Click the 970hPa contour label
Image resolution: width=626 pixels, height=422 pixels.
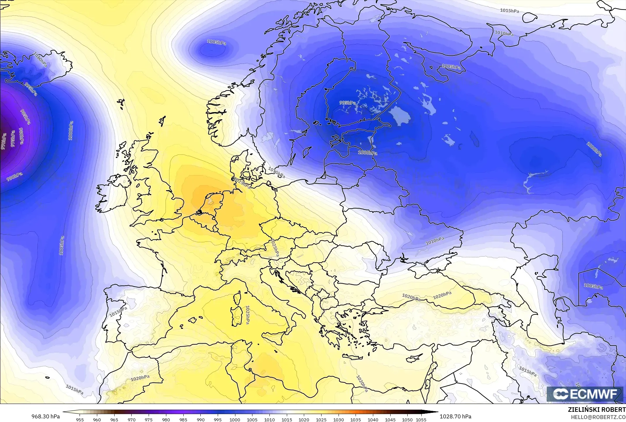coord(4,141)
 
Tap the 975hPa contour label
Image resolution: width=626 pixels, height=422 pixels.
coord(13,139)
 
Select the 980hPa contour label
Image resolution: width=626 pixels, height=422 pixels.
coord(21,136)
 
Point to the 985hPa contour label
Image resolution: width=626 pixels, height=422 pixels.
coord(25,117)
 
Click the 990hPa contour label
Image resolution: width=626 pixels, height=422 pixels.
coord(15,177)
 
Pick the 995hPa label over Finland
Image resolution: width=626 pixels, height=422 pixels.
coord(347,103)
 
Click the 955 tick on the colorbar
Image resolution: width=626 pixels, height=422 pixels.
coord(80,419)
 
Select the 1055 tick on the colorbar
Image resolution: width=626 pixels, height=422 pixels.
coord(421,419)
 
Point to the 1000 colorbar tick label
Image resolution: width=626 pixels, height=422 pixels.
coord(235,419)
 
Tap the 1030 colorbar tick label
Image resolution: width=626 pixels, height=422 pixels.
coord(338,419)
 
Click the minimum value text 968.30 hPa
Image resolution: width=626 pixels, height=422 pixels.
coord(46,416)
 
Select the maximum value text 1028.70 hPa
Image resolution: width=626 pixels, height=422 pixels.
coord(455,416)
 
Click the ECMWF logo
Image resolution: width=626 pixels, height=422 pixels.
coord(585,394)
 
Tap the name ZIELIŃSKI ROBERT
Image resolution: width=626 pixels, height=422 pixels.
coord(597,410)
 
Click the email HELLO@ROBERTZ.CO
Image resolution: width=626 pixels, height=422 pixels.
coord(598,417)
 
